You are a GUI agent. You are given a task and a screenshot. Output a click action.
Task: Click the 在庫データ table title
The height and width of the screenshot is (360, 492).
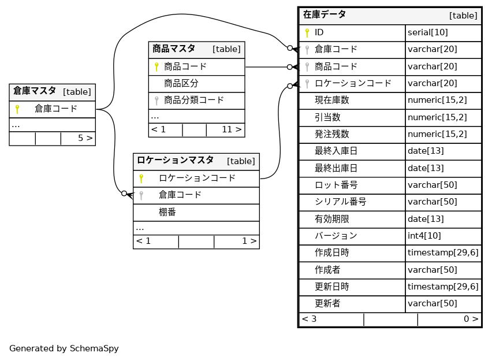coord(325,14)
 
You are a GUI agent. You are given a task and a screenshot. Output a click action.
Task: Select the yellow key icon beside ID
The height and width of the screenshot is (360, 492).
coord(307,32)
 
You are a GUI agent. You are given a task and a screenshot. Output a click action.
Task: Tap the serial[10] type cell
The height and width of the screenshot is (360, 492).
coord(428,32)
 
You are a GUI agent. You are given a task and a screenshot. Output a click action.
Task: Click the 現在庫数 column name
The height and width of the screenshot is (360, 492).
coord(332,100)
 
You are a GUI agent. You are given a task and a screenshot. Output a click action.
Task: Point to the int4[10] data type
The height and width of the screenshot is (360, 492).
coord(424,236)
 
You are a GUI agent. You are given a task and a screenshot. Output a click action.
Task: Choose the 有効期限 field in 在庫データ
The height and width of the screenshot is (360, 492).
coord(332,219)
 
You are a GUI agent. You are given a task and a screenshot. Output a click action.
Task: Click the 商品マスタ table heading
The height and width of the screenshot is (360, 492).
coord(174,49)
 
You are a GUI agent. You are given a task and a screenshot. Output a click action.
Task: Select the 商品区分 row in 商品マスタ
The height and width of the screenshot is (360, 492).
coord(181,83)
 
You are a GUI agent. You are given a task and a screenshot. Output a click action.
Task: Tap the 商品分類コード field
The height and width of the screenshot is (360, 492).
coord(194,100)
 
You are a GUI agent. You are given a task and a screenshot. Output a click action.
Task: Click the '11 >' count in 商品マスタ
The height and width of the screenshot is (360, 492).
coord(232,129)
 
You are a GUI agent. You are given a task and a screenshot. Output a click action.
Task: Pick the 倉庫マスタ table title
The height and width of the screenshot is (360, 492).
coord(35,91)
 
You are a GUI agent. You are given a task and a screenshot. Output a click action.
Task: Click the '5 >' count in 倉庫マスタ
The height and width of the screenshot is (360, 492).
coord(85,138)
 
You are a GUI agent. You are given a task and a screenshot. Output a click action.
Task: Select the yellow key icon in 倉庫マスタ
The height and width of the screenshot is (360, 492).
coord(17,109)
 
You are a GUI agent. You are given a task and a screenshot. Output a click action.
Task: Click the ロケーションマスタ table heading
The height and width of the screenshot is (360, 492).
coord(176,161)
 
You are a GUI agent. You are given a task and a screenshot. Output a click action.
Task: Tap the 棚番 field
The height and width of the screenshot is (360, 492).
coord(167,212)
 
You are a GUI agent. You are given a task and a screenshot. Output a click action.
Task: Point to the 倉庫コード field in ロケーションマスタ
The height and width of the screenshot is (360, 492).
coord(180,195)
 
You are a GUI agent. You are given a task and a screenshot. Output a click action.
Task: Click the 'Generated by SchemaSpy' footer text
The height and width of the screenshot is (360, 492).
coord(64,348)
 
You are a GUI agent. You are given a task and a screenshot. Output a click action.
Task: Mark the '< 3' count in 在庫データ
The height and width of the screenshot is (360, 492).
coord(309,319)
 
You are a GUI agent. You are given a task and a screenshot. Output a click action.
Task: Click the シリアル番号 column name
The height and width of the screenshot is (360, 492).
coord(341,202)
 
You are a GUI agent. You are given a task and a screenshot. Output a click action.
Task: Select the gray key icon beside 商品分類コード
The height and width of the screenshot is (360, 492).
coord(156,101)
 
